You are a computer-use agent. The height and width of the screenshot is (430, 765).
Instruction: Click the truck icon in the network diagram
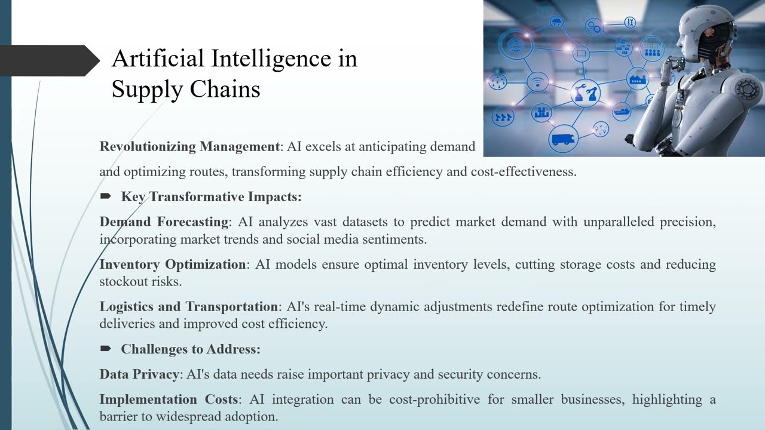pyautogui.click(x=563, y=139)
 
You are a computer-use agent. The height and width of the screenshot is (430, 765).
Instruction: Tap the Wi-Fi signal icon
pyautogui.click(x=538, y=82)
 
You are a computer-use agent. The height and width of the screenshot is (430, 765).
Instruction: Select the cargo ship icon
pyautogui.click(x=622, y=110)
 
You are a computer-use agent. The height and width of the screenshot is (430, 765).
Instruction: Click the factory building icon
pyautogui.click(x=638, y=78)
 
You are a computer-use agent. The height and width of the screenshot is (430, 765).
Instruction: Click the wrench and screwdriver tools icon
pyautogui.click(x=630, y=23)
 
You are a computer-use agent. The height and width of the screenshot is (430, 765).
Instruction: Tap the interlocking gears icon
pyautogui.click(x=594, y=26)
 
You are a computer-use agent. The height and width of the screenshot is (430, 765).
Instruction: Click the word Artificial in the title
pyautogui.click(x=157, y=59)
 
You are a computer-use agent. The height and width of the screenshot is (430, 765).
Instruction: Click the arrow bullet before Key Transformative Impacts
pyautogui.click(x=106, y=196)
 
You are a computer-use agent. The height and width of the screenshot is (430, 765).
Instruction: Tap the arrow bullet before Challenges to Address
pyautogui.click(x=106, y=349)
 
